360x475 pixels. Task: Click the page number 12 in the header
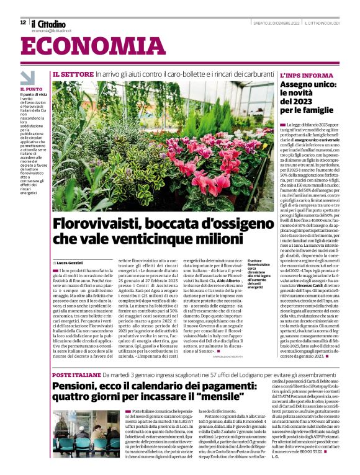pos(23,22)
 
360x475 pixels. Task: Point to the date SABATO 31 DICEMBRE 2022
pos(277,23)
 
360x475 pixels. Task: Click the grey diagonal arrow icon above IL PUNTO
pos(28,78)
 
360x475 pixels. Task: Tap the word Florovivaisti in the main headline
pos(96,224)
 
